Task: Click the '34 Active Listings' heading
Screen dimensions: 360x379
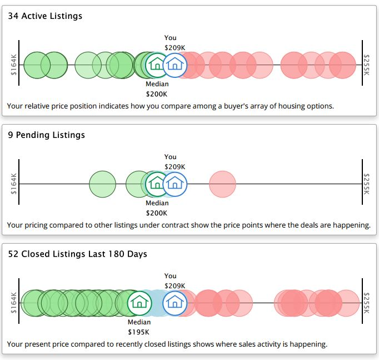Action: click(45, 16)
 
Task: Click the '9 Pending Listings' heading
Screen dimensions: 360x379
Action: click(46, 135)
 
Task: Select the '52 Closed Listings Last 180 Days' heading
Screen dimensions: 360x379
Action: click(77, 254)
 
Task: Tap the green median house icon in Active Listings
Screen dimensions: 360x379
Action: click(157, 65)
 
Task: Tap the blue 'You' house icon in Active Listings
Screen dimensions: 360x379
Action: click(175, 65)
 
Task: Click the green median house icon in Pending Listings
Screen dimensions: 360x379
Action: click(157, 184)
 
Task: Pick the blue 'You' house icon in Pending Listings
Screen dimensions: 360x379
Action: click(175, 184)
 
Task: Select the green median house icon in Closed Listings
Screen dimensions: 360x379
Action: click(139, 303)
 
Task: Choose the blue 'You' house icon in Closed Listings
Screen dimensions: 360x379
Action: click(175, 303)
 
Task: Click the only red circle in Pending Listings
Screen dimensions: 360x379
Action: click(222, 184)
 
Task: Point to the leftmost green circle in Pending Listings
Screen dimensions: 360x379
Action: click(103, 184)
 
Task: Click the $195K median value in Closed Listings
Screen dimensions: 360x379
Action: click(139, 332)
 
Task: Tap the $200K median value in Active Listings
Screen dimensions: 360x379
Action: click(157, 94)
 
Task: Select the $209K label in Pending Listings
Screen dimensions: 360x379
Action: click(174, 166)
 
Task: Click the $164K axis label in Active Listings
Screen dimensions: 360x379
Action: click(14, 65)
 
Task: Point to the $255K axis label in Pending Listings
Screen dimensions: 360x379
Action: click(366, 184)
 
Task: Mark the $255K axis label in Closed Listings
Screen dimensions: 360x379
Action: click(366, 303)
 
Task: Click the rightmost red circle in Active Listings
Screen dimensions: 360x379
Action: click(342, 65)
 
